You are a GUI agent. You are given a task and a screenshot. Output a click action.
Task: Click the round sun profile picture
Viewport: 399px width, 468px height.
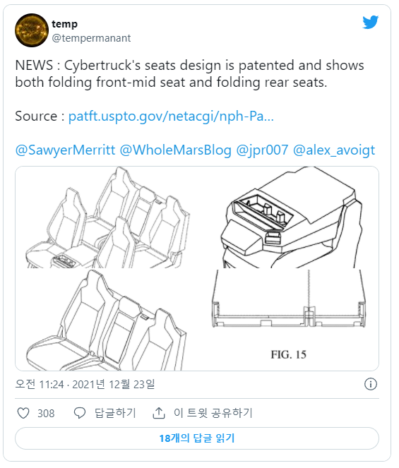(x=32, y=30)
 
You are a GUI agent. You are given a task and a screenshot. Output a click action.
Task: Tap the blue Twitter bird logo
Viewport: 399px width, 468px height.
(x=370, y=22)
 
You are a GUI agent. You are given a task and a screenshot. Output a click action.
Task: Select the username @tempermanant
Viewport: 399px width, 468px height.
(x=91, y=38)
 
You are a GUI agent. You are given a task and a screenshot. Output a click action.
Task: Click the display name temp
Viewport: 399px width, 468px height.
(x=64, y=24)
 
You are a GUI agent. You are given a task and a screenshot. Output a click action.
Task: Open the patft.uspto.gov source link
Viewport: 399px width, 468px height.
(x=171, y=116)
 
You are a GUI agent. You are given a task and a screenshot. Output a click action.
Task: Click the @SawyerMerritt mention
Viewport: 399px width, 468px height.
(x=65, y=150)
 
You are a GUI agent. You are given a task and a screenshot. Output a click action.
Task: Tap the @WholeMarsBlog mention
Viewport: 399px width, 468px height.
(x=176, y=150)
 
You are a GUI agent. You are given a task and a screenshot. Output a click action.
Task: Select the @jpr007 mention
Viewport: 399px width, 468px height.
(x=262, y=150)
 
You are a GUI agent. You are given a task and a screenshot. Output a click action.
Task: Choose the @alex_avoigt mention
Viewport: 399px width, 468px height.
(x=334, y=150)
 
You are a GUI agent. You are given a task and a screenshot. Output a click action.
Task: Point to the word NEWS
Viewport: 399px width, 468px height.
(x=34, y=66)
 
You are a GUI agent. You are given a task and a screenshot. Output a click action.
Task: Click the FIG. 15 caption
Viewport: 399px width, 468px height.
(x=289, y=354)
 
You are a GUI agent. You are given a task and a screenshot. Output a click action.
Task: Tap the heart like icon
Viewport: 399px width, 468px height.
(x=23, y=414)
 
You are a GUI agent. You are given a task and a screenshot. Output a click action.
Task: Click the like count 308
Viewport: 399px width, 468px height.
(x=46, y=414)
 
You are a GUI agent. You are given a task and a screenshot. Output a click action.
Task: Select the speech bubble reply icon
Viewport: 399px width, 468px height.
(x=79, y=414)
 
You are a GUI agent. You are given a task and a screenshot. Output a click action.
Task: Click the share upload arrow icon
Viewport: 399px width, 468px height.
(x=159, y=413)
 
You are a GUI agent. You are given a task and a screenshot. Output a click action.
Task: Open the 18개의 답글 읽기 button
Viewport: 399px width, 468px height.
(x=197, y=438)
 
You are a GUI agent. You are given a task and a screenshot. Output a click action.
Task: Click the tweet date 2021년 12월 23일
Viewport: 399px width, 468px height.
(x=114, y=385)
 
